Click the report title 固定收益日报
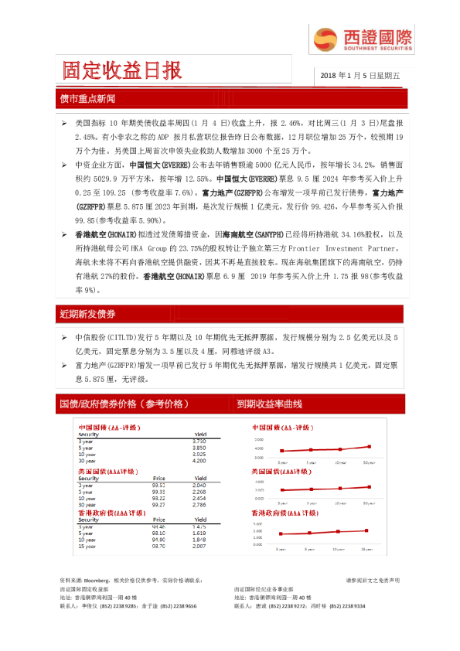[123, 71]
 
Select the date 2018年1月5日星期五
[356, 76]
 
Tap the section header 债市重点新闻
[87, 100]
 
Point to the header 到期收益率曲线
[270, 404]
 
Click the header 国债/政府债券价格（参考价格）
[124, 404]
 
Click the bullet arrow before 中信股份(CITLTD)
[65, 339]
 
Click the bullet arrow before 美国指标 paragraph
[65, 124]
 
